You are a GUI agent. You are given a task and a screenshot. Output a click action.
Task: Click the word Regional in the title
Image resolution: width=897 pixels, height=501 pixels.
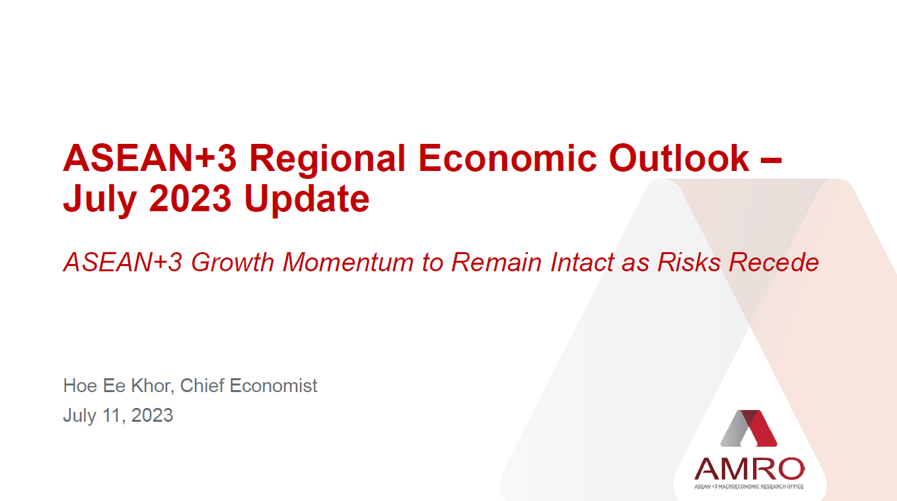tap(327, 160)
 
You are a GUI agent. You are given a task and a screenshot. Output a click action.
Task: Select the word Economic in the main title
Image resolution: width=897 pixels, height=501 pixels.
tap(507, 158)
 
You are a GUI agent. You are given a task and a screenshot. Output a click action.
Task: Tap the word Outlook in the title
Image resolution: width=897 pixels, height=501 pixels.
tap(679, 158)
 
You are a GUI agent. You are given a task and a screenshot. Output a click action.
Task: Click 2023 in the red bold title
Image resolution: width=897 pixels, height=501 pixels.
tap(190, 198)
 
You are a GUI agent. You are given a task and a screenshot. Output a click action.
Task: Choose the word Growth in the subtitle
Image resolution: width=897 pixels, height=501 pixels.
tap(233, 263)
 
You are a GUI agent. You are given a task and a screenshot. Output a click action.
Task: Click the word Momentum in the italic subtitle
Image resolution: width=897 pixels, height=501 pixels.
tap(348, 263)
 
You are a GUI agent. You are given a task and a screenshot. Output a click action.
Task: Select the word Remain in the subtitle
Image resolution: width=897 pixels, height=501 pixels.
tap(496, 263)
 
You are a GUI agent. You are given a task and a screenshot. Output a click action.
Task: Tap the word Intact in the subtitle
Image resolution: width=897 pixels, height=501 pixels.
tap(582, 263)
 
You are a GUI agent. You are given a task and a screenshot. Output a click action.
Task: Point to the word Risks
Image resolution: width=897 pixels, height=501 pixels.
tap(689, 263)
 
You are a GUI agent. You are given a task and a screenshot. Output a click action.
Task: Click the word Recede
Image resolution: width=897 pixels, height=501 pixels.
tap(773, 263)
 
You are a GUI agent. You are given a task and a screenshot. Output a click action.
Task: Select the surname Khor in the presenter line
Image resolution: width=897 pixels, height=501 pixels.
tap(153, 385)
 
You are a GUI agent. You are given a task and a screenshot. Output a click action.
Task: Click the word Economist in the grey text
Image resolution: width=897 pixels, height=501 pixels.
tap(273, 385)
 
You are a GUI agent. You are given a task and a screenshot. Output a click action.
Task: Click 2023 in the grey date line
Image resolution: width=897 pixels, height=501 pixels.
tap(152, 415)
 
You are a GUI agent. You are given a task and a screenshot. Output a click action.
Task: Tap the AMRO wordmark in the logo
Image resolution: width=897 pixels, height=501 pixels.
tap(749, 469)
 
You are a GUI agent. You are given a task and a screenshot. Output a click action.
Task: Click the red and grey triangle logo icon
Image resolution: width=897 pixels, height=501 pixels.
tap(748, 428)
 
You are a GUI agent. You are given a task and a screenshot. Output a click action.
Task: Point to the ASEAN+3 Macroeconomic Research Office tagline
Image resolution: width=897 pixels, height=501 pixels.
tap(749, 486)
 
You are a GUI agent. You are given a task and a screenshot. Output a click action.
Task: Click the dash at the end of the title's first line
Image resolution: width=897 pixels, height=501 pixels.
tap(771, 161)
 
